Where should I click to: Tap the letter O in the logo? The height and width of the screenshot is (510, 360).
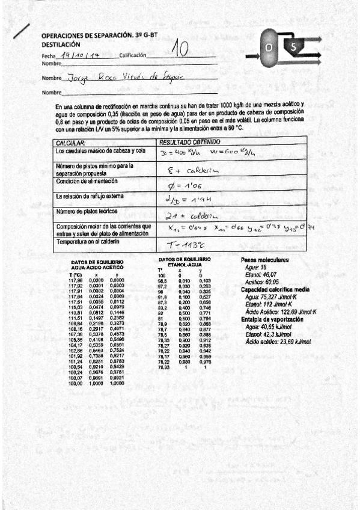point(269,47)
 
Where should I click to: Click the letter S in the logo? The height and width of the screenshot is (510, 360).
point(293,47)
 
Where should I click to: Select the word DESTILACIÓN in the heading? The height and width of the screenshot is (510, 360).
point(61,45)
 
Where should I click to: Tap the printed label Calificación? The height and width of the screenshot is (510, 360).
point(133,55)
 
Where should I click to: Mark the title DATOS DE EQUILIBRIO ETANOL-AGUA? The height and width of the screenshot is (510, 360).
point(185,260)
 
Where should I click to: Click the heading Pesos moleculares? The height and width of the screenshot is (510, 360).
point(264,260)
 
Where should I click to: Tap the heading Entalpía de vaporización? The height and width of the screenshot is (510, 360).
point(272,303)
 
